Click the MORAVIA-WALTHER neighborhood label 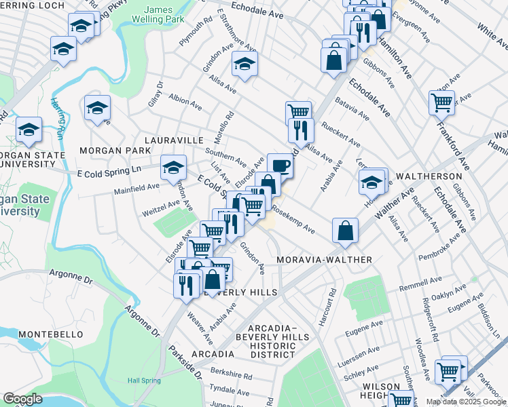(325, 260)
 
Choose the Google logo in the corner (22, 399)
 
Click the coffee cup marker (280, 165)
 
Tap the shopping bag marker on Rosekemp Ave (346, 230)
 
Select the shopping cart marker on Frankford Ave (441, 103)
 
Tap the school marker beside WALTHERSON (372, 181)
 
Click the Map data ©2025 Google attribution (466, 402)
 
